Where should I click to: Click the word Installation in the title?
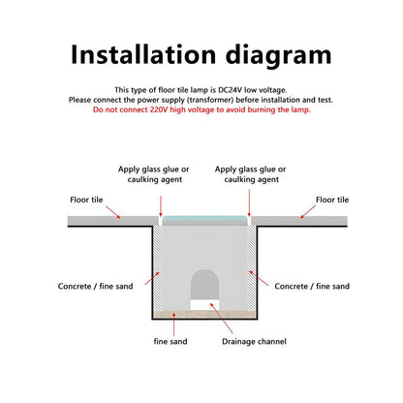143,54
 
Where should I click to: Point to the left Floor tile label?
86,200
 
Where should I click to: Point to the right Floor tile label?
332,200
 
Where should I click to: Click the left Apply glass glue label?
154,174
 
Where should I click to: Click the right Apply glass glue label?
251,174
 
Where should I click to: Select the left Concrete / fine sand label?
96,286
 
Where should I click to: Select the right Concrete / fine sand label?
312,286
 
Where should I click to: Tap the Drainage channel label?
254,341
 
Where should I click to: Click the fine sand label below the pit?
170,341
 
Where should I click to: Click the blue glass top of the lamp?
204,219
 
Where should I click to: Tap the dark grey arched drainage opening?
204,285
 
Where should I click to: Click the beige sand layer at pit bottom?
204,314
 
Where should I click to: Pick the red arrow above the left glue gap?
161,205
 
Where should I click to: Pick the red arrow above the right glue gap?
249,203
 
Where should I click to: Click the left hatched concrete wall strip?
157,267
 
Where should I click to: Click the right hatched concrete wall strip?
252,267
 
